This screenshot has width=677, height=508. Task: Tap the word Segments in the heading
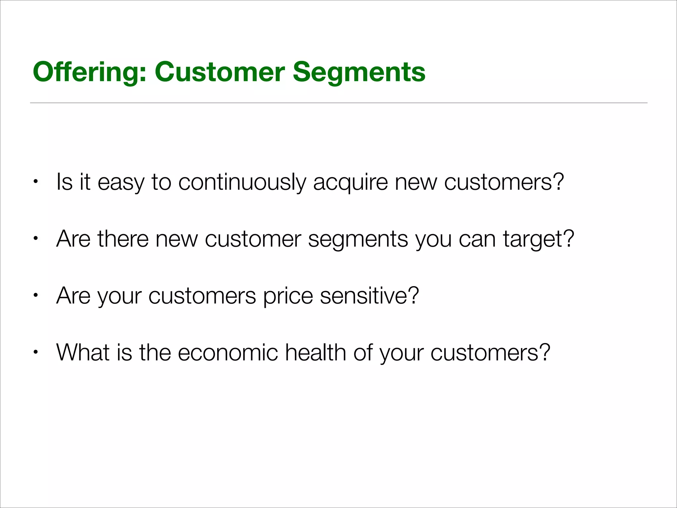point(359,72)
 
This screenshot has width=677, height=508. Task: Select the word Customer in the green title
point(219,72)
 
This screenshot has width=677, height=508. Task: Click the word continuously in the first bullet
point(242,182)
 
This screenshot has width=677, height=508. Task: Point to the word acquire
point(350,182)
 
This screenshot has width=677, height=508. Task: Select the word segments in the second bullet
point(358,239)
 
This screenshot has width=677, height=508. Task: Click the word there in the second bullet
point(123,239)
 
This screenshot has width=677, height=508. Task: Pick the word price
point(288,296)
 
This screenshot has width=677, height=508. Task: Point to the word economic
point(228,352)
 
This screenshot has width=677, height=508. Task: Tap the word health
point(315,352)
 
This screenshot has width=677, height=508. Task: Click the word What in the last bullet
point(83,352)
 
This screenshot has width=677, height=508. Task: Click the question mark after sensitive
point(412,296)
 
